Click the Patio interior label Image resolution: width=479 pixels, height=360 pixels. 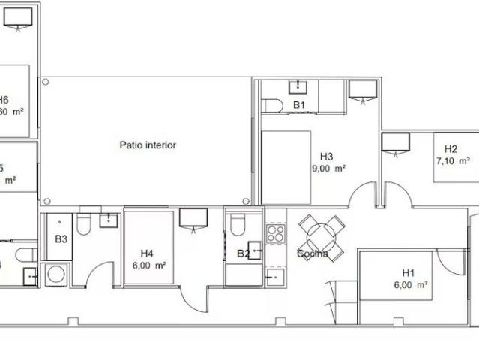pos(148,145)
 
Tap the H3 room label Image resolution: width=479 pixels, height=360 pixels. pos(326,157)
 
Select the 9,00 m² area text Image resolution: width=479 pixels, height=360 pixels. pos(328,169)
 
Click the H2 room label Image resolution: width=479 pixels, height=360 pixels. pos(451,148)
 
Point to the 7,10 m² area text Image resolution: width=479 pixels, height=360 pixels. pos(453,160)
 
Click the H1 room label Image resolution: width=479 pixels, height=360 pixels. pos(409,273)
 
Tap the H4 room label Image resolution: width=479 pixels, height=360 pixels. pos(147,253)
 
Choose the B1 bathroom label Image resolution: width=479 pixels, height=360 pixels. pos(298,105)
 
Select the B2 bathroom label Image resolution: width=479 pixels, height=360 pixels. pos(243,253)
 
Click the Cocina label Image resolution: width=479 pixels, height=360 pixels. pos(313,253)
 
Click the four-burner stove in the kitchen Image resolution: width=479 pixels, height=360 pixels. pos(275,234)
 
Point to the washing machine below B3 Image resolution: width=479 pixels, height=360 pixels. pos(55,274)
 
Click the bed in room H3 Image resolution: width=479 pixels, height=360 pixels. pos(286,166)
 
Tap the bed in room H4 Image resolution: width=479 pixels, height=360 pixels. pos(148,247)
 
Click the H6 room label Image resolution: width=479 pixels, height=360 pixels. pos(4,100)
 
